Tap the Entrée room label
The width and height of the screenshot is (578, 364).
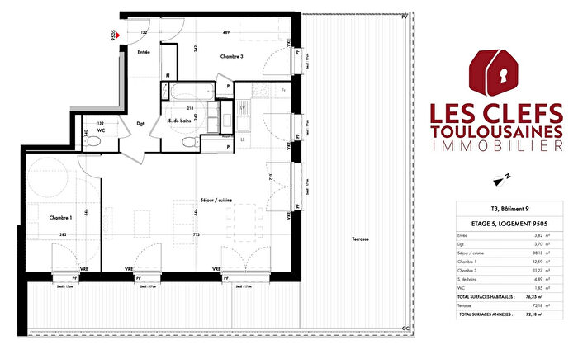pyautogui.click(x=144, y=52)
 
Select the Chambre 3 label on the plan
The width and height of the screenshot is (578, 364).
pyautogui.click(x=230, y=56)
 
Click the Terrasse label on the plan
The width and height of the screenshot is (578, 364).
pyautogui.click(x=358, y=239)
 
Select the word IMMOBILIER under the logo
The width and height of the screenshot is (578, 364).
pyautogui.click(x=503, y=148)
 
